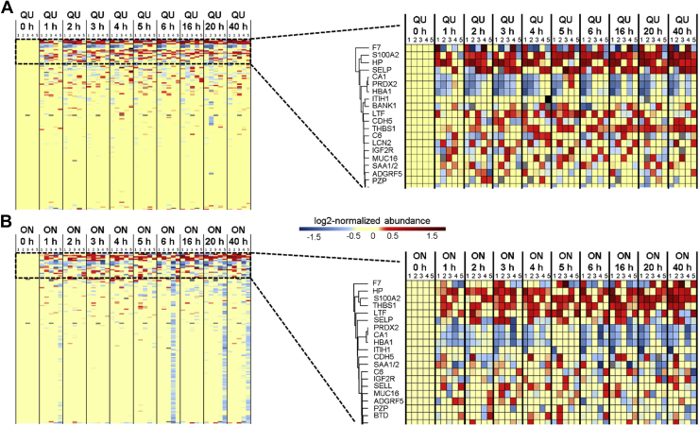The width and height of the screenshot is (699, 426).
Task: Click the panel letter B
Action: pos(7,224)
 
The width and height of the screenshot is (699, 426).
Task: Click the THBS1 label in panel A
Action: pos(383,128)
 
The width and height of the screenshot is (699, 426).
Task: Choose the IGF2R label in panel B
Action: pos(383,368)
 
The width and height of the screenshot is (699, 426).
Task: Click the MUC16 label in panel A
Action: pos(383,155)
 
